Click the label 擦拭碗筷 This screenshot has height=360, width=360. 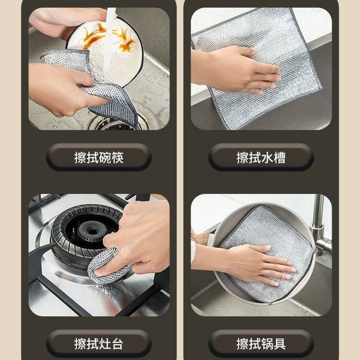[99, 157]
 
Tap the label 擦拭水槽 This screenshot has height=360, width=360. [261, 157]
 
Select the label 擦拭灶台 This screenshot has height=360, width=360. [99, 344]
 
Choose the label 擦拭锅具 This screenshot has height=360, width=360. [261, 344]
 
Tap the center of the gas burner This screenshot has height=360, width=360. [92, 231]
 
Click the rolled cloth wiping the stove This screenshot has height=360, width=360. [108, 266]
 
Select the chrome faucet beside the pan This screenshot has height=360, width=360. [320, 228]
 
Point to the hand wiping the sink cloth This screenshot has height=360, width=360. [237, 69]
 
